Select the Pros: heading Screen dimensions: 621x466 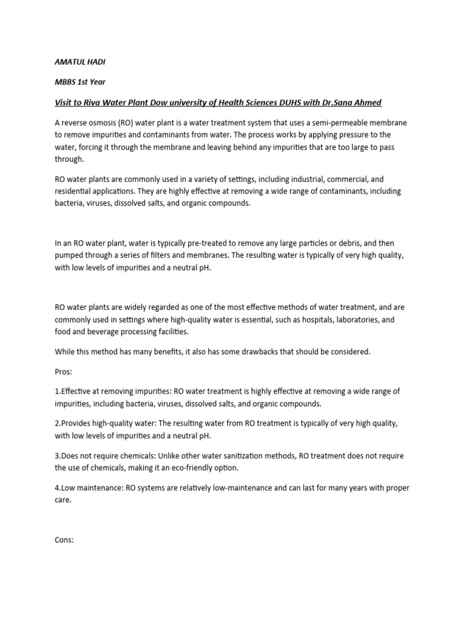click(63, 371)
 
